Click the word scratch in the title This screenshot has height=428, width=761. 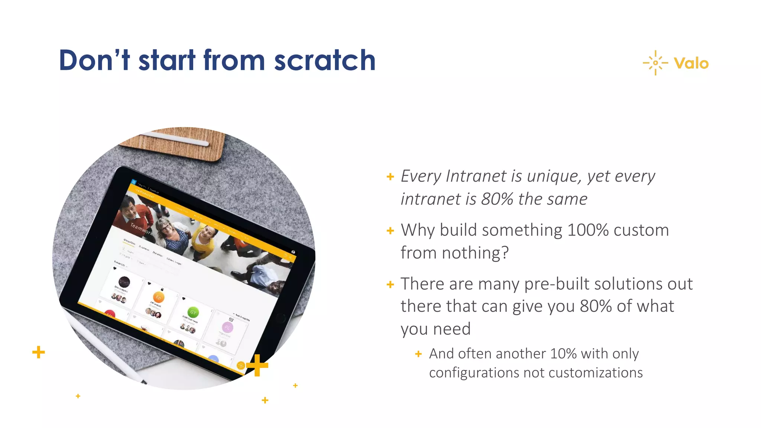(x=325, y=60)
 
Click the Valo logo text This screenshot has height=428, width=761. (x=691, y=64)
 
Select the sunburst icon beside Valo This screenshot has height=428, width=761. (x=655, y=63)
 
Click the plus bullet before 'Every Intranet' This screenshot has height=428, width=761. (x=390, y=176)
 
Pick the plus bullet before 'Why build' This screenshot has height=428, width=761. (x=390, y=231)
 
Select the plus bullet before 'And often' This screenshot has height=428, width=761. (x=418, y=354)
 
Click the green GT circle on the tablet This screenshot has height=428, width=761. (x=193, y=312)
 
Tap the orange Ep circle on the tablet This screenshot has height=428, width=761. (x=159, y=297)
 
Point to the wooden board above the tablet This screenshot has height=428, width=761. (x=175, y=143)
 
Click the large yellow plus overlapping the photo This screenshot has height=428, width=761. (x=257, y=365)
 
